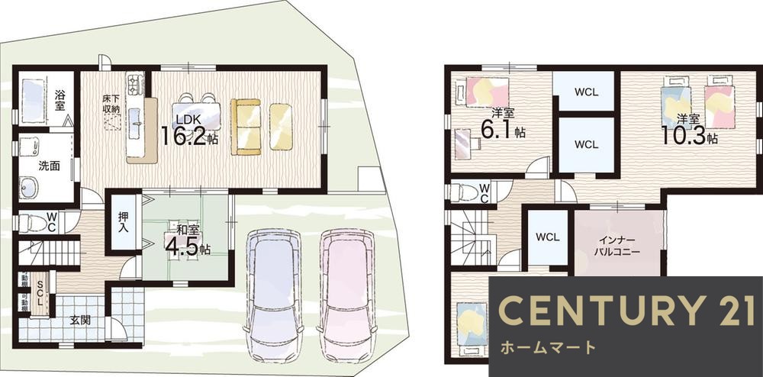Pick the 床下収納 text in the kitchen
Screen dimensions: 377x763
click(x=112, y=104)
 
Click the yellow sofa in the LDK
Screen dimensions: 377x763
click(x=262, y=126)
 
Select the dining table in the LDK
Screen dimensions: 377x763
click(x=196, y=114)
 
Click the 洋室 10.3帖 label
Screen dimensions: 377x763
click(x=689, y=129)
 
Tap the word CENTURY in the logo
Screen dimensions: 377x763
click(x=594, y=310)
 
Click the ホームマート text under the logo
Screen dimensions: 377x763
click(x=548, y=348)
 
